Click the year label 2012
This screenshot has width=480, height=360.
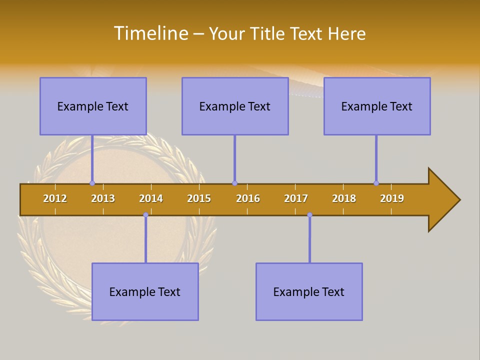(x=55, y=198)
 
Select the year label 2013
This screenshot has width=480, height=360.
(x=103, y=198)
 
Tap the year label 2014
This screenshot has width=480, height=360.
(x=151, y=198)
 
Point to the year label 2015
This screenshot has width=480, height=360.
(x=199, y=198)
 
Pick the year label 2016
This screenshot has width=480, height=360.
(x=248, y=198)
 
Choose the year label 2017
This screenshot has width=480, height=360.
(x=296, y=198)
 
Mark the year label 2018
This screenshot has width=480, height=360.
(x=344, y=198)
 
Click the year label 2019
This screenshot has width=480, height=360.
(x=392, y=198)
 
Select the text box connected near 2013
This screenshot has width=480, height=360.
(x=93, y=106)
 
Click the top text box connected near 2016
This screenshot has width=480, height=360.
(x=235, y=106)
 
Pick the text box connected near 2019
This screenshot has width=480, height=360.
(x=377, y=106)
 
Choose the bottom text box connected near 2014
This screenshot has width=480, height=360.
(x=145, y=291)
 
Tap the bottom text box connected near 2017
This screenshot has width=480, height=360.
(x=309, y=291)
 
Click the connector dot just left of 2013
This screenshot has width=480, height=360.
(x=92, y=183)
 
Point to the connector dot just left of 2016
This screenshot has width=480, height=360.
(x=234, y=183)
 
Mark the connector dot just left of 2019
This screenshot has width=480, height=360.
(x=376, y=183)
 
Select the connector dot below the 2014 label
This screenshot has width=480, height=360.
(x=145, y=215)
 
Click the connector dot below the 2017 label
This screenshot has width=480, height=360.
(x=309, y=215)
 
